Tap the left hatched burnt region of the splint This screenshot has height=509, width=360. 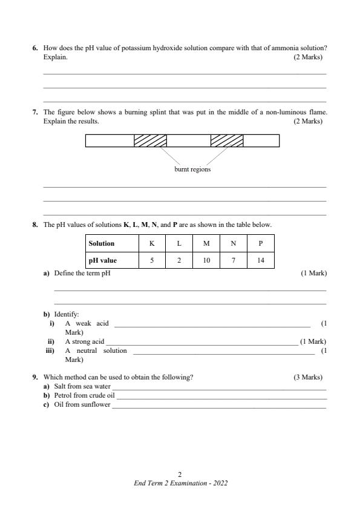[x=150, y=140]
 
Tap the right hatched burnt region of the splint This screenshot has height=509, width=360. [x=227, y=140]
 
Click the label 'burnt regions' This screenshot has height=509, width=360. [x=192, y=169]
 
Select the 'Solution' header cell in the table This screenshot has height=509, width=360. [x=102, y=243]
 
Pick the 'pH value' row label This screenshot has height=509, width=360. [x=103, y=261]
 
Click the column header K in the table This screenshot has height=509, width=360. [x=152, y=243]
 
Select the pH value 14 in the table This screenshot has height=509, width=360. [x=260, y=261]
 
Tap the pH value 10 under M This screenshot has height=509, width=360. [x=206, y=261]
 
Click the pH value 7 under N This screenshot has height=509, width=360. [x=234, y=261]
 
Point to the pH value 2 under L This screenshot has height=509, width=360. [x=179, y=261]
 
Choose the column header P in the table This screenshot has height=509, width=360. [x=260, y=243]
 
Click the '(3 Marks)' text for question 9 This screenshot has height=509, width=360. [x=308, y=377]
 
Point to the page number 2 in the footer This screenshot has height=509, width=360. [x=180, y=475]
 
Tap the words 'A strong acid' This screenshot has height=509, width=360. [x=84, y=341]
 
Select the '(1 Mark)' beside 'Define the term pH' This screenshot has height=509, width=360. [x=313, y=273]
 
